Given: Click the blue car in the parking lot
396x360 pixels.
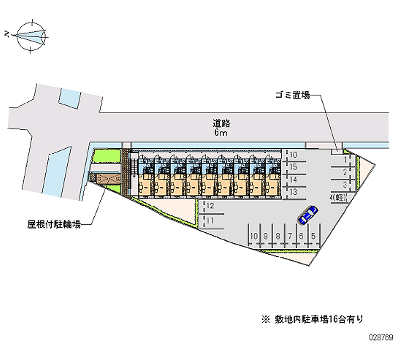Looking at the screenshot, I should (307, 214).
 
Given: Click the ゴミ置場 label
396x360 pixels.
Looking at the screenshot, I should (294, 95).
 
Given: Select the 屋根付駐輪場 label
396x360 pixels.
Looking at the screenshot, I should (54, 224).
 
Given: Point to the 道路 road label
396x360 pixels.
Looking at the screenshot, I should (222, 124).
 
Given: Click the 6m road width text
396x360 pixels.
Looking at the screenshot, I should (221, 134).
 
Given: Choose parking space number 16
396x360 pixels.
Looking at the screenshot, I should (293, 154).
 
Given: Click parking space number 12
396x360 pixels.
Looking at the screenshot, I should (210, 205).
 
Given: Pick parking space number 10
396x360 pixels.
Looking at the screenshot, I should (254, 236).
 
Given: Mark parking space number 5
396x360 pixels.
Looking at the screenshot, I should (314, 236).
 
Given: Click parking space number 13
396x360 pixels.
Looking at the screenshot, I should (293, 191).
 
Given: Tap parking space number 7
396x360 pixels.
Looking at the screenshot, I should (290, 236).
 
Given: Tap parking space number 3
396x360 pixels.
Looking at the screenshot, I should (344, 184).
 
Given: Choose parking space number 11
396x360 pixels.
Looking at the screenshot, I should (210, 220).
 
